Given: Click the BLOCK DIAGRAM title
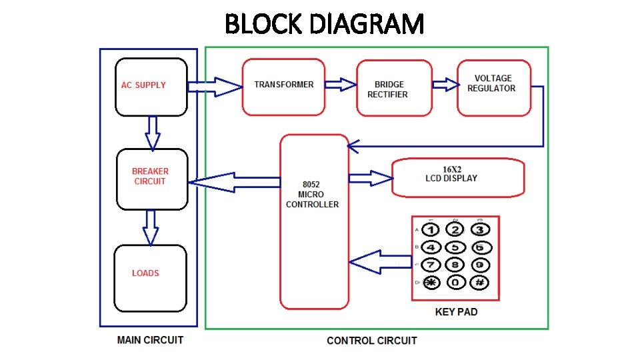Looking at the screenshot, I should tap(324, 25).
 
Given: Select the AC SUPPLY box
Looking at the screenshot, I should tap(151, 87).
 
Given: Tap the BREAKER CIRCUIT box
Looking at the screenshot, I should tap(151, 178).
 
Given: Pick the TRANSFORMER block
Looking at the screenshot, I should tap(283, 86).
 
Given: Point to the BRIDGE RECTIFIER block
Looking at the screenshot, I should tap(393, 88).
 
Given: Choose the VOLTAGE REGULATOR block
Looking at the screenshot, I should tap(493, 87).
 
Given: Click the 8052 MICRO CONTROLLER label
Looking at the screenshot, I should tap(312, 194).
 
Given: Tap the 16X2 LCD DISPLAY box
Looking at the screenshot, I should tap(457, 177).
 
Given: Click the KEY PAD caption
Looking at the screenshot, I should tap(456, 311).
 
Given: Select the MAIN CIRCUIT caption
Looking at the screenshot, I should tap(150, 340).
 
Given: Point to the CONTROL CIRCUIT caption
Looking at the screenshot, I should tap(371, 341).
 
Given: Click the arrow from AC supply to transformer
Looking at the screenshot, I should tap(214, 87).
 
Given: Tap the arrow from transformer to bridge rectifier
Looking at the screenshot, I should tap(341, 84).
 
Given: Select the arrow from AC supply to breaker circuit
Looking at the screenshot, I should tap(153, 133).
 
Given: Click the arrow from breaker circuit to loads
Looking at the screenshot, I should tap(151, 227).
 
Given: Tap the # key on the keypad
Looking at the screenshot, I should tap(479, 282).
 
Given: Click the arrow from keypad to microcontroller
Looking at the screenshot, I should tap(380, 262).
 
